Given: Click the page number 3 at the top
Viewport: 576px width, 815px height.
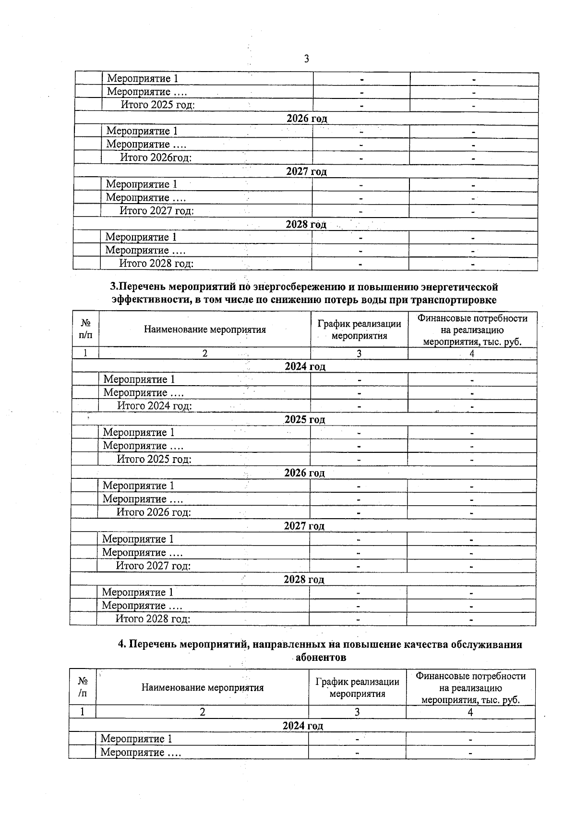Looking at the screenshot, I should [307, 59].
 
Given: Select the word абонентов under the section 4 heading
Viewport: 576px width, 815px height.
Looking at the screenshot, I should [321, 657].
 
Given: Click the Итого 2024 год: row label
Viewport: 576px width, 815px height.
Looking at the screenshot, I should [155, 406].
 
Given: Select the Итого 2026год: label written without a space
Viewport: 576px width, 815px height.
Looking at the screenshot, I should [156, 158].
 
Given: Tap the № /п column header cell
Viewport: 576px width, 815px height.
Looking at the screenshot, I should [83, 687].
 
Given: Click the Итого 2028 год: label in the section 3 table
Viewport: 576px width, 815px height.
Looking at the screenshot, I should [153, 619].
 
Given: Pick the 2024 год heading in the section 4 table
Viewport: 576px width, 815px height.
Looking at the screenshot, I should [303, 726].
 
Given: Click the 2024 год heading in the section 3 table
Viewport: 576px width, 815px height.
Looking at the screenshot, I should [305, 366].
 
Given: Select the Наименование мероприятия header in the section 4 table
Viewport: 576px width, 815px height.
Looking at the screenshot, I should [203, 687].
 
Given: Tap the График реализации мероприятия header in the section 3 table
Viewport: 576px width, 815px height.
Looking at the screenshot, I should [359, 329].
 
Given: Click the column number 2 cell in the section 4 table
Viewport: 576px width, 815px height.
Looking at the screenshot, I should [203, 712].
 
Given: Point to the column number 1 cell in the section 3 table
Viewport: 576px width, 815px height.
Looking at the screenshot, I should [85, 353].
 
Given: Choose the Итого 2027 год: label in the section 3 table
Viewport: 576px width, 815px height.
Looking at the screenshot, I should [153, 566].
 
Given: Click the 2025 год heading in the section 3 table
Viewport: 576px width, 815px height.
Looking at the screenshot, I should [305, 420].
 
